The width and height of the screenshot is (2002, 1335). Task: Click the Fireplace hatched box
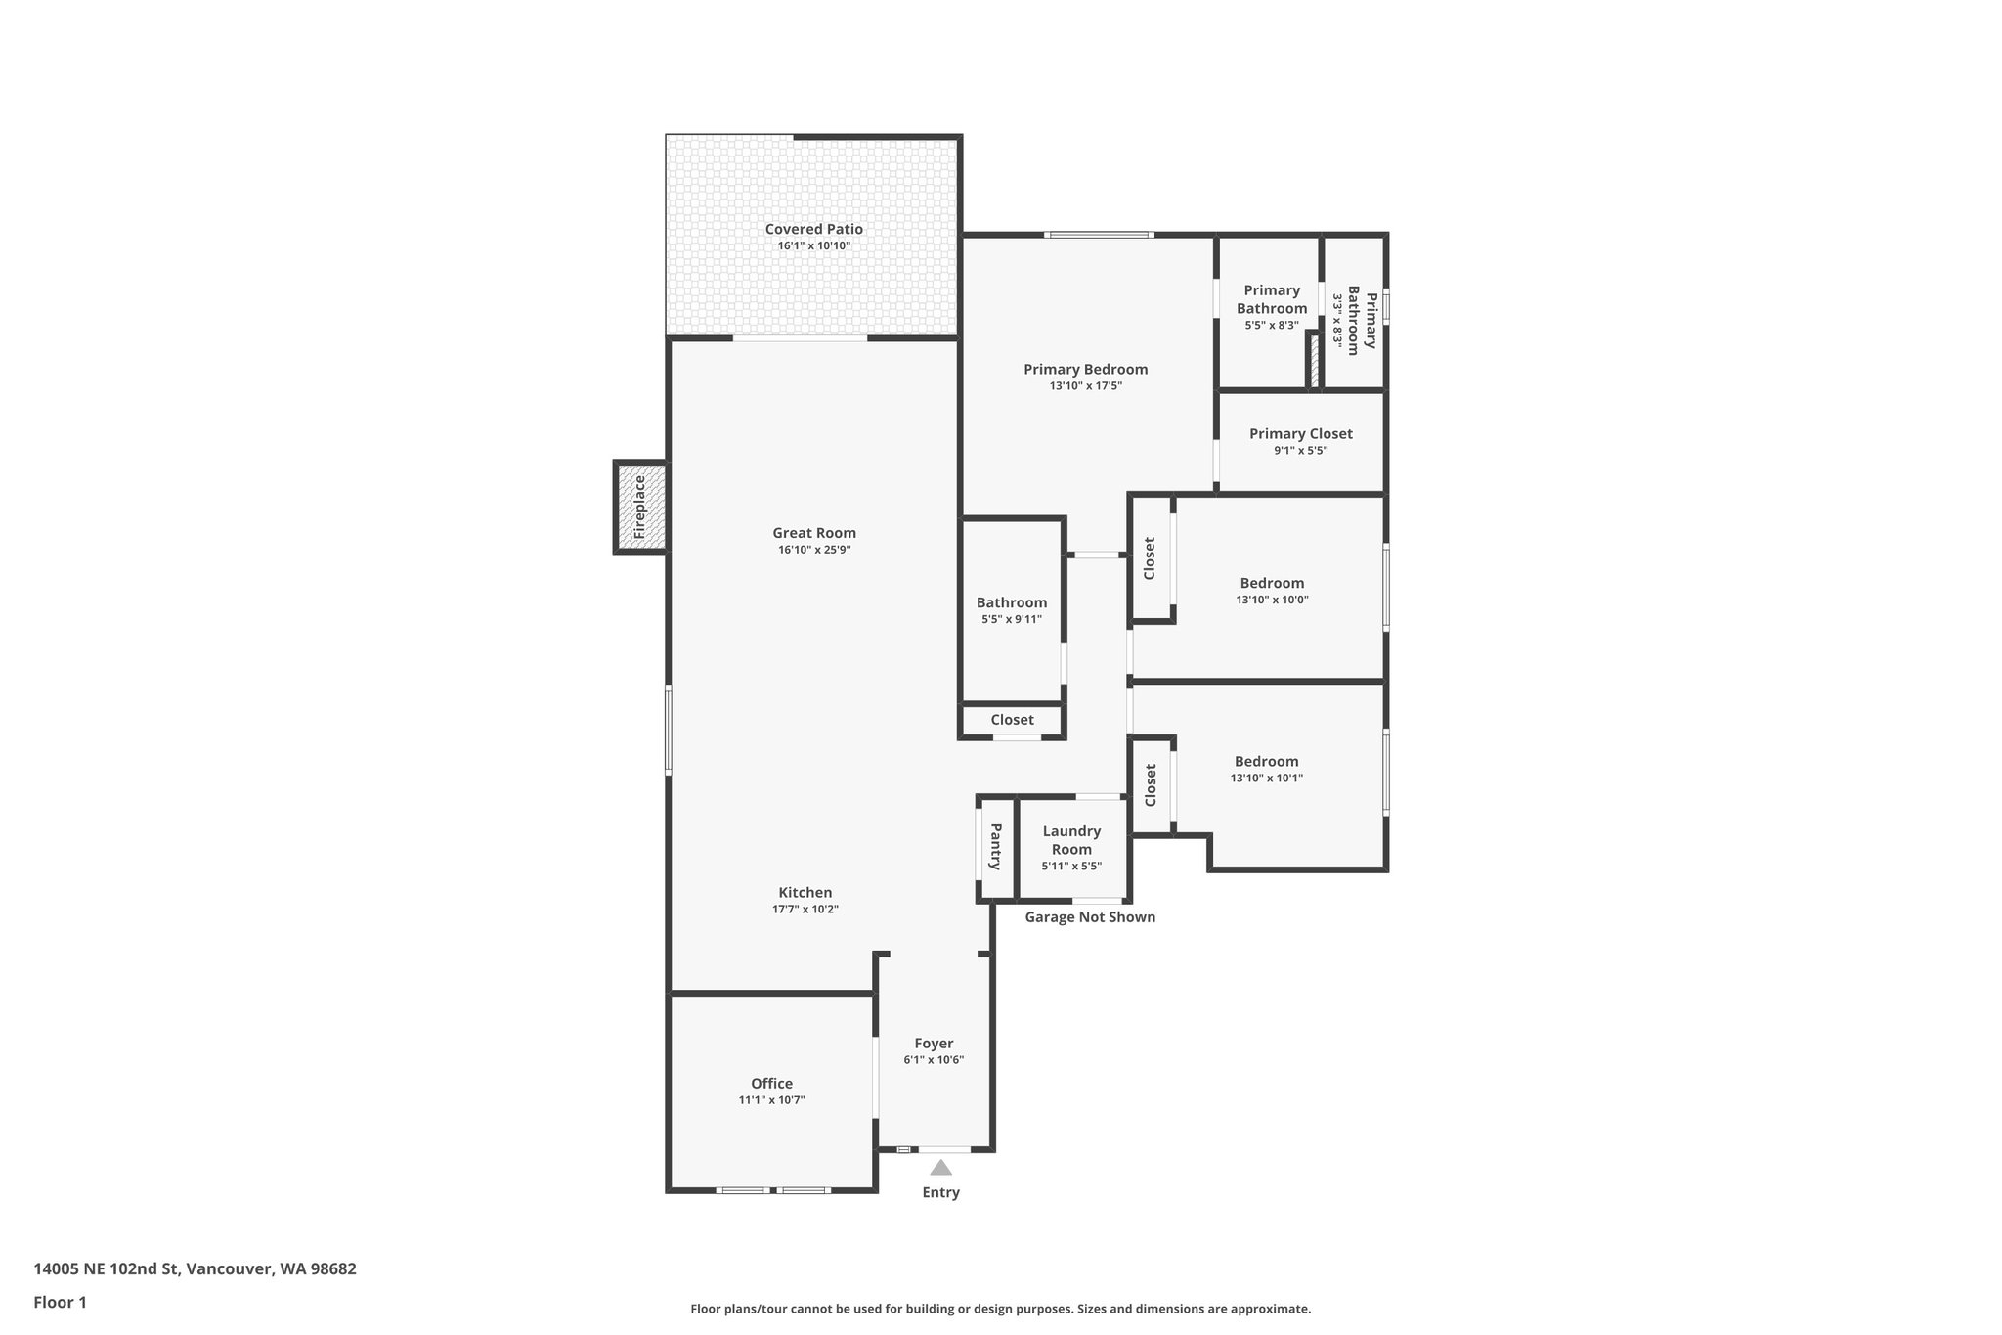coord(641,507)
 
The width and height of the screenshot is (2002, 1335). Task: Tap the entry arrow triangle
coord(940,1167)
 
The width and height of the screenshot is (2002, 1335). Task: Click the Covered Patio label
coord(813,229)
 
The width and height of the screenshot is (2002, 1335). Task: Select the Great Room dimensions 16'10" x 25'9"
coord(813,550)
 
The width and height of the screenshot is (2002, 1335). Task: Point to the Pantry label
coord(995,847)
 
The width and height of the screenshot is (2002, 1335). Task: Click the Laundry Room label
coord(1071,840)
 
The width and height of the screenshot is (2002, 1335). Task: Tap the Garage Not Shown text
coord(1090,917)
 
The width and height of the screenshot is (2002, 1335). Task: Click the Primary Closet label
coord(1300,433)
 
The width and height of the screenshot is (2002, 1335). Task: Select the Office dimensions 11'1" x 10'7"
coord(771,1100)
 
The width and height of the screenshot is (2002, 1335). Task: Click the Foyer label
coord(934,1044)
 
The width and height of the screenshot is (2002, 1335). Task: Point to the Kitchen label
coord(805,892)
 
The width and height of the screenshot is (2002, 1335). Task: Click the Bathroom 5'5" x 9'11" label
coord(1011,602)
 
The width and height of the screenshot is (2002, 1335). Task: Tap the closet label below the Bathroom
coord(1012,720)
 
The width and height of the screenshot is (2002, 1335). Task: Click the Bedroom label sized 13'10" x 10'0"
coord(1272,583)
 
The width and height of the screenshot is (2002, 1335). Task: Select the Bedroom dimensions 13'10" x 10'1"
coord(1266,779)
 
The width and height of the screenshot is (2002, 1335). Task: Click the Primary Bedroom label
coord(1085,369)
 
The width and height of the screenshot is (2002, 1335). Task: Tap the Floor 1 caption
coord(60,1302)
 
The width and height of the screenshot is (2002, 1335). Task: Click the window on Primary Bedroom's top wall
coord(1098,235)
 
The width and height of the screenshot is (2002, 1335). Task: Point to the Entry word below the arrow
coord(940,1192)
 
